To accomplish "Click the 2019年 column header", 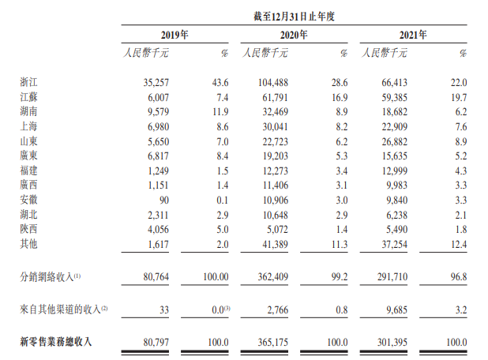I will point(175,35).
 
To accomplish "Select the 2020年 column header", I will point(293,35).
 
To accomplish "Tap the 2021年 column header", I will point(413,35).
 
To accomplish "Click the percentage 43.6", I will point(219,82).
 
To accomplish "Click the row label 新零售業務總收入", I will point(55,342).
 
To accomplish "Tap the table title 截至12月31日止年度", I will point(293,13).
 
